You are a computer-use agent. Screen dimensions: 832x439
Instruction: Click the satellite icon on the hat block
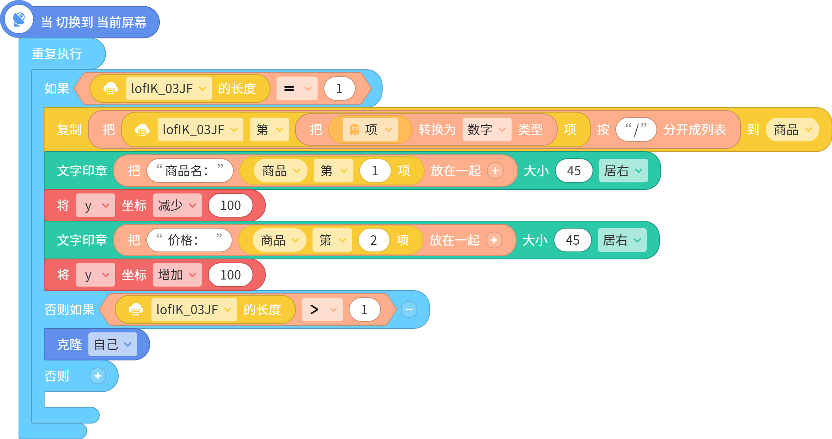coord(19,19)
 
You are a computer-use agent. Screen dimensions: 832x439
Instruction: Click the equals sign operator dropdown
coord(297,88)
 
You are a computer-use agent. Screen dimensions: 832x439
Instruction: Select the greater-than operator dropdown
coord(322,310)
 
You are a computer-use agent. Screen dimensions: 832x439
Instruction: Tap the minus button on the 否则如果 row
coord(409,310)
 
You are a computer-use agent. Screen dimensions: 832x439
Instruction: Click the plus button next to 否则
coord(98,376)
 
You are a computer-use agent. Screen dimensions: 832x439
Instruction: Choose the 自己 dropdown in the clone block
coord(112,344)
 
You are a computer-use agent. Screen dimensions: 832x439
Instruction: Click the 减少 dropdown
coord(177,205)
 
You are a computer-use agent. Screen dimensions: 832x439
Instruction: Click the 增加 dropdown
coord(177,275)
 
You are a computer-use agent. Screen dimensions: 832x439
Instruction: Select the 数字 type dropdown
coord(487,129)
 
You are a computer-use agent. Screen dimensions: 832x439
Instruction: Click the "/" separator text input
coord(636,129)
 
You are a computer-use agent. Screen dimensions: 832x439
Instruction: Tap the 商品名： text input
coord(190,171)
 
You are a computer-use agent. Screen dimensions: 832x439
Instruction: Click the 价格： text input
coord(189,240)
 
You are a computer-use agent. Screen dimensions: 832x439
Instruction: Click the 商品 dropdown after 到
coord(792,129)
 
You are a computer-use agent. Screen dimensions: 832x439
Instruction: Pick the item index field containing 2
coord(374,240)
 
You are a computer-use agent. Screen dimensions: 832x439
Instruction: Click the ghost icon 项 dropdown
coord(370,129)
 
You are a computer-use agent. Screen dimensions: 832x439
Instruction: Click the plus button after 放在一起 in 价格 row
coord(494,240)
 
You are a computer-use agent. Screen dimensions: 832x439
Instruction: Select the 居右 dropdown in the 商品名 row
coord(623,171)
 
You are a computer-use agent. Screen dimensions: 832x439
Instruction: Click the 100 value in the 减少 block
coord(230,205)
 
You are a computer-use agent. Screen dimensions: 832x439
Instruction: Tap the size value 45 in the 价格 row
coord(572,240)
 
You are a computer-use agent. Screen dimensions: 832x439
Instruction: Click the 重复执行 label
coord(57,54)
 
